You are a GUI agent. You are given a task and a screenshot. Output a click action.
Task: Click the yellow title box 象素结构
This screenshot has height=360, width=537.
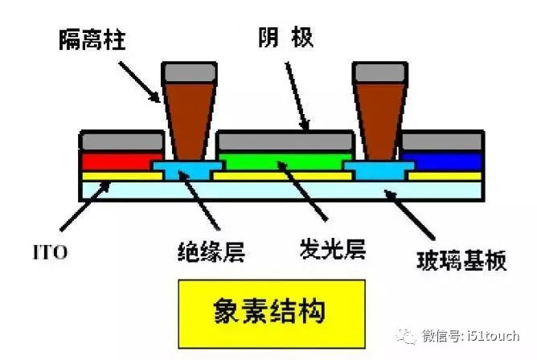[x=272, y=309]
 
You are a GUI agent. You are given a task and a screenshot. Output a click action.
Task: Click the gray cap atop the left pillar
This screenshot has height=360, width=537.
[x=189, y=73]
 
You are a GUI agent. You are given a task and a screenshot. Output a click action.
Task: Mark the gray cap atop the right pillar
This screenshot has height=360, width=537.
[x=379, y=73]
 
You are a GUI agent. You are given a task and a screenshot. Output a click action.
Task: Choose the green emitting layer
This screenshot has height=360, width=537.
[x=285, y=163]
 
